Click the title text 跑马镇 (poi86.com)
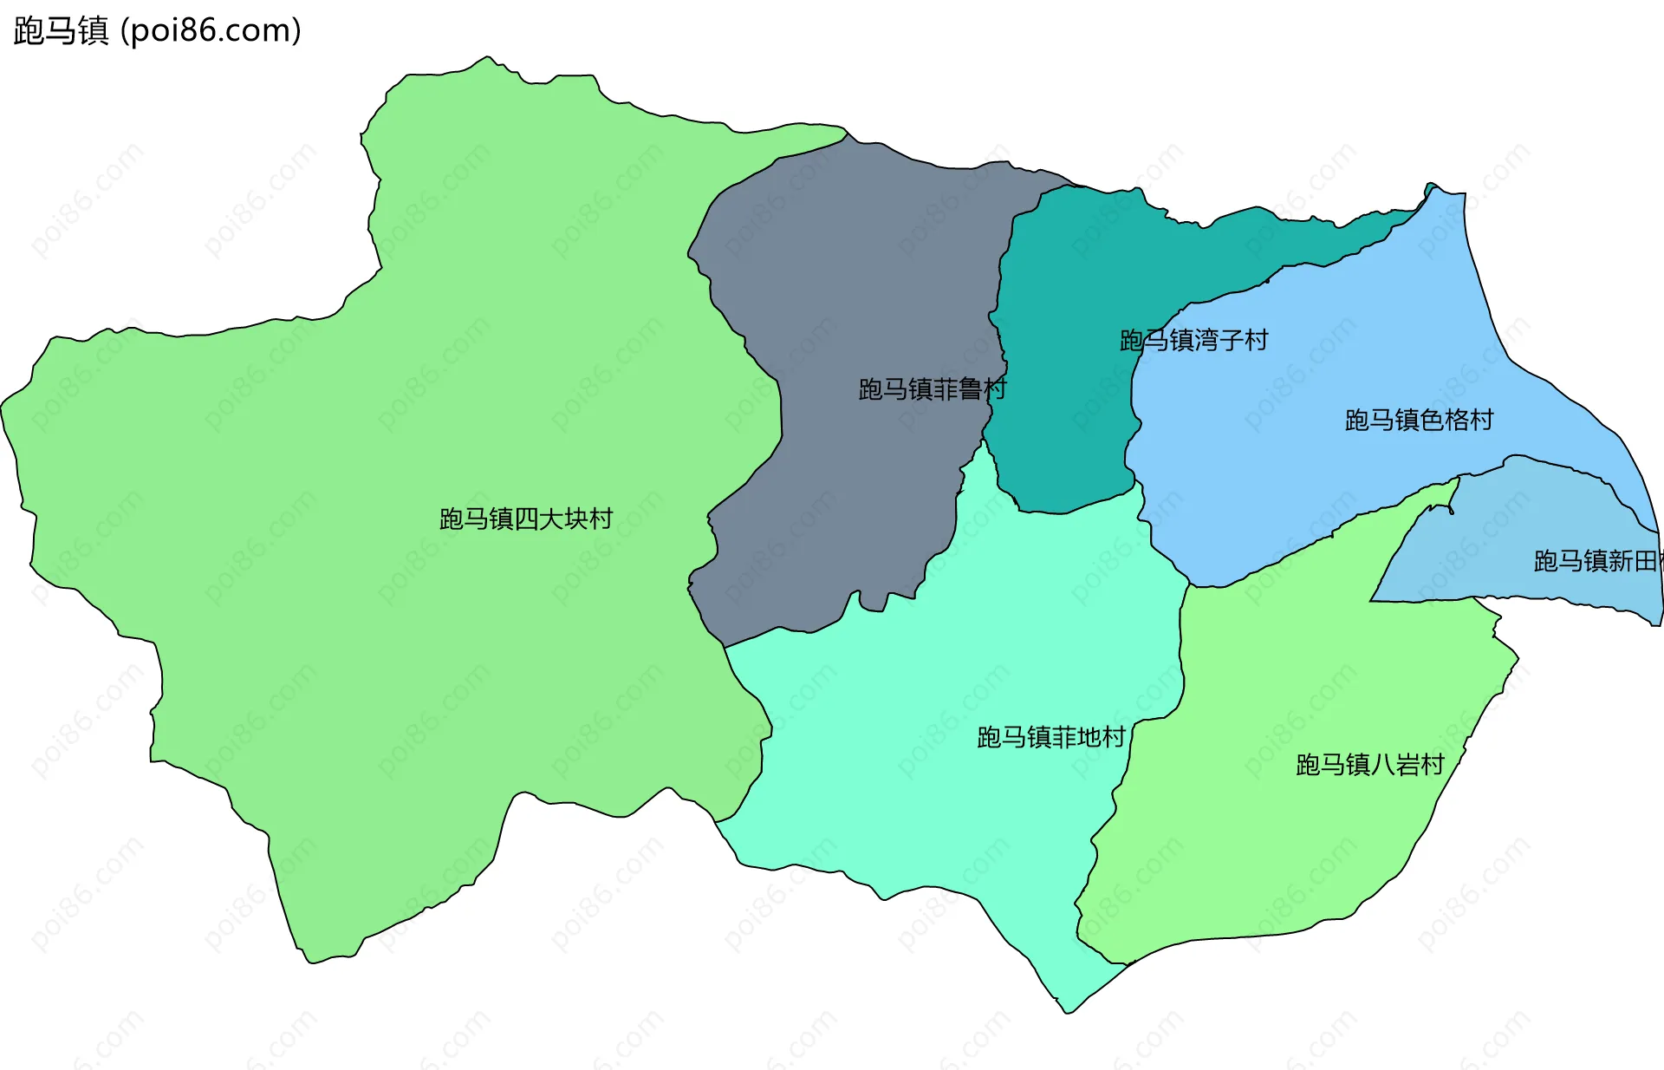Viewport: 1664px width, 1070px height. [157, 30]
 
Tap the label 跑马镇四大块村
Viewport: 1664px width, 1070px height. [526, 519]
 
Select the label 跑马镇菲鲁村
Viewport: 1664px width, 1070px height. [932, 389]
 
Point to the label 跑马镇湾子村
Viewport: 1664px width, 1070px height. [1193, 340]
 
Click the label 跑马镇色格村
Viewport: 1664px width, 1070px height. [1419, 421]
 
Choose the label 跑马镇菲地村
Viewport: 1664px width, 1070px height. [1050, 737]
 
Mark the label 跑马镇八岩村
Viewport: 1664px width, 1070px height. [1369, 764]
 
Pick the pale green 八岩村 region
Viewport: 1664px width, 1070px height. [1283, 850]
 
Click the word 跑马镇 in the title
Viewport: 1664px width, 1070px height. [61, 30]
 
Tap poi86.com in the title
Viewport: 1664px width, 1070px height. [210, 30]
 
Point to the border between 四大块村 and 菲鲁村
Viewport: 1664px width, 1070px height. [780, 408]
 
